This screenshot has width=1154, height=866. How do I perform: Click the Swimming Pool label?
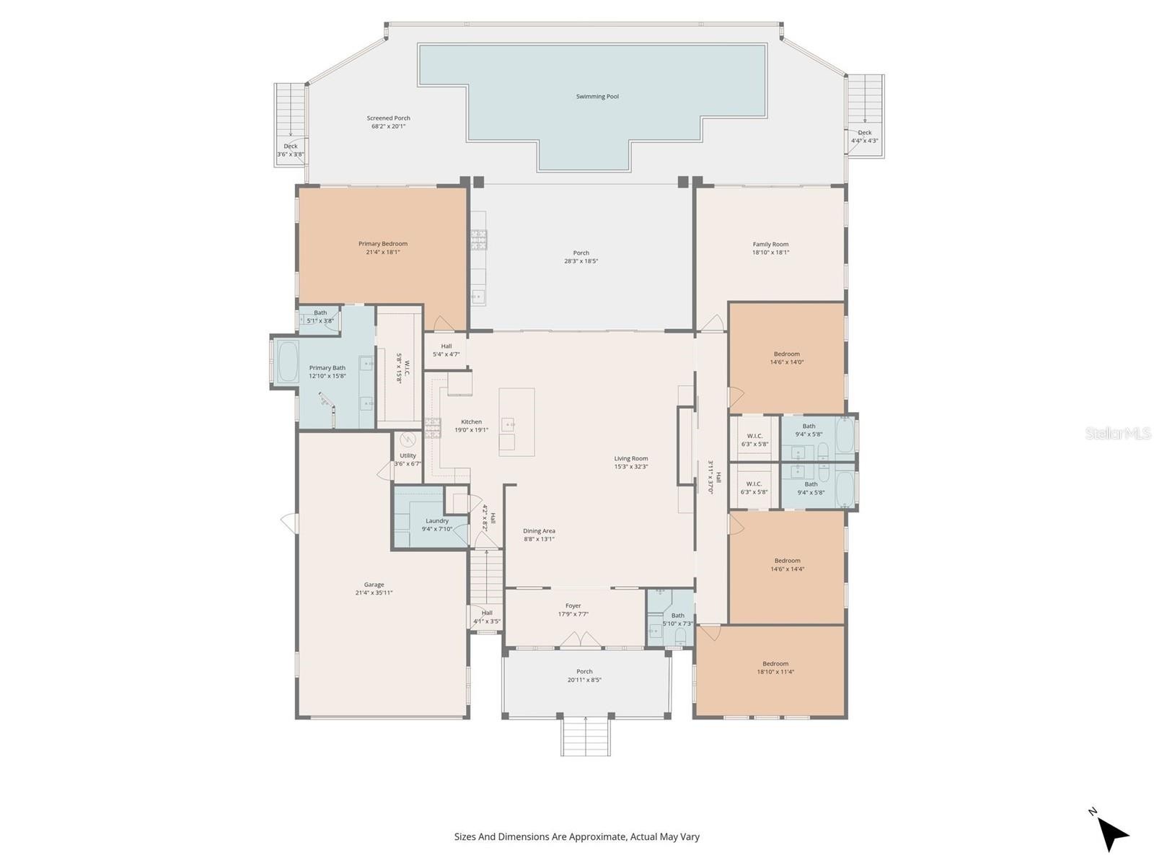click(x=597, y=96)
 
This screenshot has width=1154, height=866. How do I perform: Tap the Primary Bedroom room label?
click(x=383, y=244)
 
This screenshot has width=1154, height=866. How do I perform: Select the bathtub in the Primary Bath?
click(x=288, y=361)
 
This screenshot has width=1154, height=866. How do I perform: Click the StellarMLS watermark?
click(x=1118, y=433)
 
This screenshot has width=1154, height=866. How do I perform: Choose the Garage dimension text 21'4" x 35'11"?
click(x=374, y=593)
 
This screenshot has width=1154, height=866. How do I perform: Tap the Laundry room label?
click(x=437, y=521)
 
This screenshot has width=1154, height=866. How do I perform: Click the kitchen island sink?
click(x=508, y=424)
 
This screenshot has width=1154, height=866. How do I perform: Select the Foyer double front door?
click(x=581, y=639)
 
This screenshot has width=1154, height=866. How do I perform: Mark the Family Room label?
click(x=770, y=245)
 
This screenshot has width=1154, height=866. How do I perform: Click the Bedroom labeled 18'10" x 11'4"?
click(x=775, y=668)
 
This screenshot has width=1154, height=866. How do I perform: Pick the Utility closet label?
click(x=408, y=455)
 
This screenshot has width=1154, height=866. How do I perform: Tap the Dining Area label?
click(x=539, y=531)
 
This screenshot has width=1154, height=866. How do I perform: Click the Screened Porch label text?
click(x=388, y=118)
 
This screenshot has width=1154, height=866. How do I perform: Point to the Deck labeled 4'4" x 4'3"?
click(x=864, y=136)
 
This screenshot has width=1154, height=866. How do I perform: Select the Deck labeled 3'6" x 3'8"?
click(x=291, y=150)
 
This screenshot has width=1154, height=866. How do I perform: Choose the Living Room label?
click(x=631, y=458)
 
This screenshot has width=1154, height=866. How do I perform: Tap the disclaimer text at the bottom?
click(x=577, y=837)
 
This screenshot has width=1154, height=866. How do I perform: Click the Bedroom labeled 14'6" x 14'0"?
click(x=787, y=358)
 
